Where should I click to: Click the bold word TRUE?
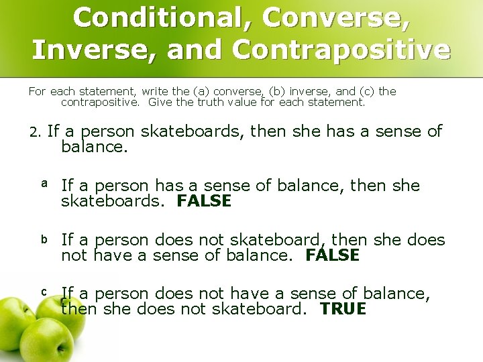pos(343,309)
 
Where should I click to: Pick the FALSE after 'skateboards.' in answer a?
pos(204,201)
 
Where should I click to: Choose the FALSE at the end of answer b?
pos(332,255)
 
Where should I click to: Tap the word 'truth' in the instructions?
pos(207,103)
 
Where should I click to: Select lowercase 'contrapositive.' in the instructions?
pos(101,103)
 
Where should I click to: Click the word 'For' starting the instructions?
pos(37,91)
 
